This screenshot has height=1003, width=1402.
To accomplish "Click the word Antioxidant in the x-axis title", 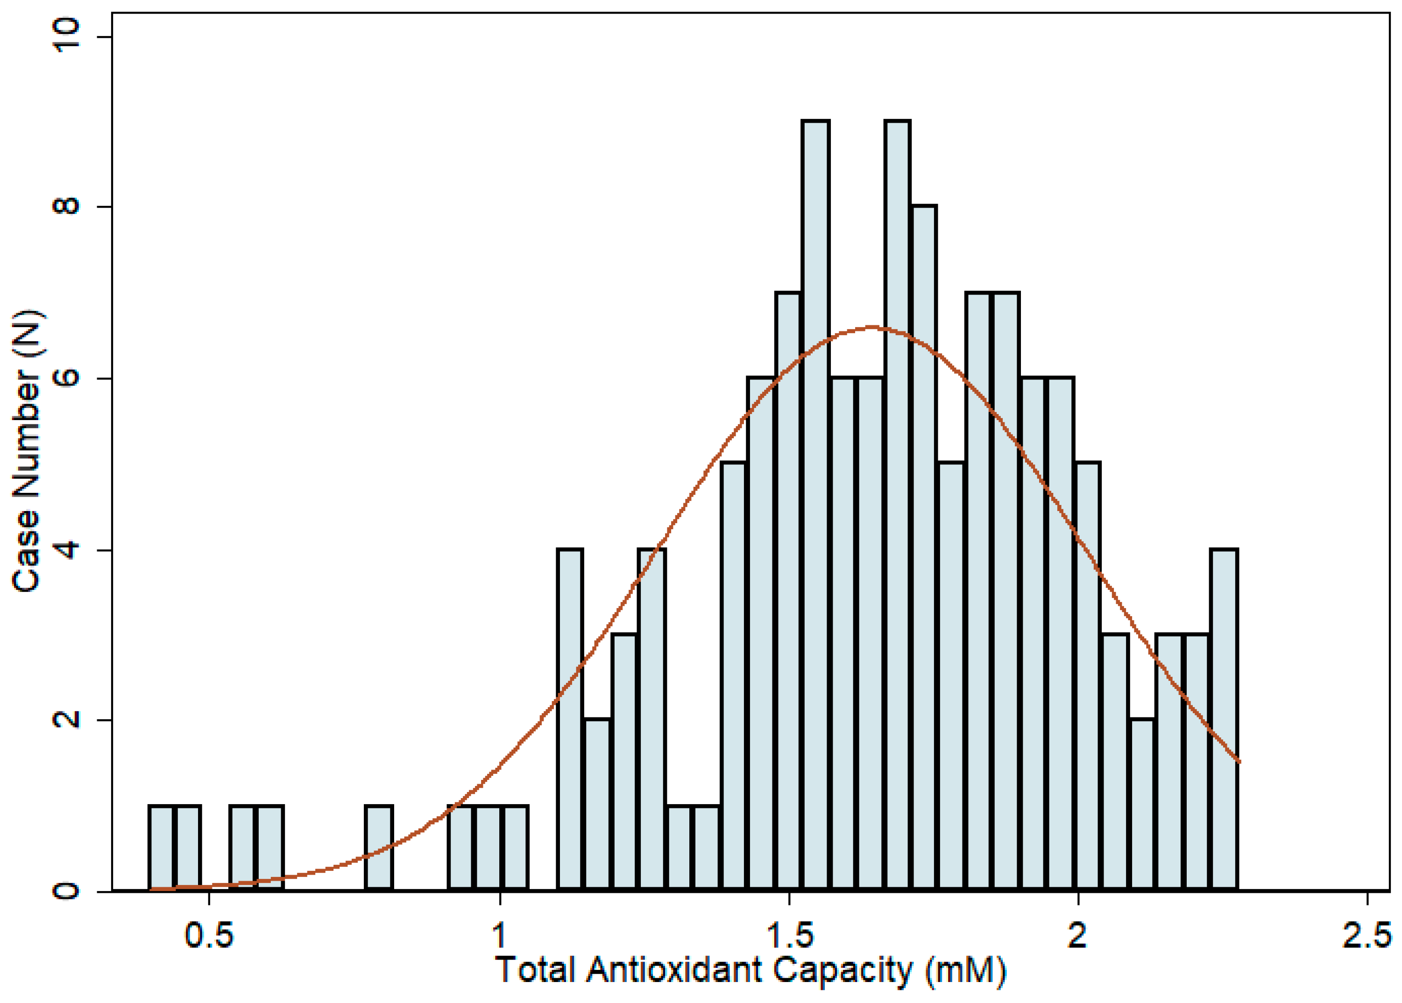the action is coord(674,970).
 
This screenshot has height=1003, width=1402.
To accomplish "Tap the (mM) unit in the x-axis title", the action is coord(965,970).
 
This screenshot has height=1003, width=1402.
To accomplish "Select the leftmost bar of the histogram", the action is coord(162,848).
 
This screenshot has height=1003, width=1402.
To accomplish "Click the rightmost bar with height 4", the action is coord(1224,720).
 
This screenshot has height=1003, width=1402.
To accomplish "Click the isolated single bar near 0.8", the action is coord(379,848).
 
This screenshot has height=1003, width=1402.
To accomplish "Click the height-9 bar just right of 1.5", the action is coord(815,506).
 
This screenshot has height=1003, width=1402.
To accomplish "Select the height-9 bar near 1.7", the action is coord(897,506).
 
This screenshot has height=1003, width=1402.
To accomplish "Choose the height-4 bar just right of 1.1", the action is coord(569,720).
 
